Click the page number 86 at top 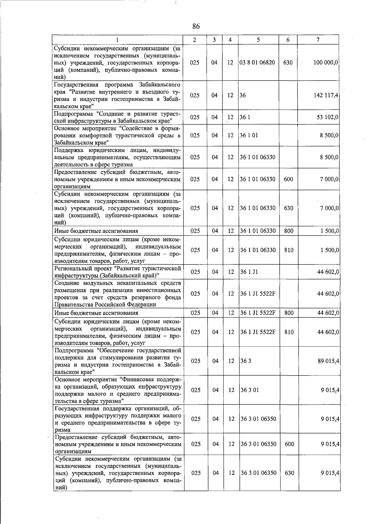[196, 27]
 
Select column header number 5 [258, 40]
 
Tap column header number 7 [318, 40]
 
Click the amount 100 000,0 [325, 63]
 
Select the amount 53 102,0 [327, 117]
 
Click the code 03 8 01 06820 [257, 63]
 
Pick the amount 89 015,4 [328, 361]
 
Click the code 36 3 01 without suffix [250, 390]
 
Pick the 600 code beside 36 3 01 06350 [289, 444]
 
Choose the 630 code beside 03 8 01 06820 [288, 63]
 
